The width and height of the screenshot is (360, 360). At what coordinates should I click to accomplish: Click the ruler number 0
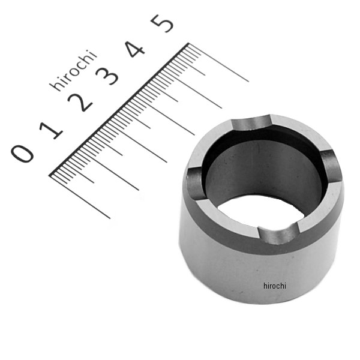(x=22, y=154)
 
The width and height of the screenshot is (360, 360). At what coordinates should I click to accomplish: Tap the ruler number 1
(x=51, y=131)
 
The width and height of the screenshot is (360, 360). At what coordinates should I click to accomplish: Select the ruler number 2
(x=80, y=103)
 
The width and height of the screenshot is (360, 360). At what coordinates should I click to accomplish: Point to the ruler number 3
(x=107, y=76)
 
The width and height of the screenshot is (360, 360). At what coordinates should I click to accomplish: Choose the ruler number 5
(x=162, y=23)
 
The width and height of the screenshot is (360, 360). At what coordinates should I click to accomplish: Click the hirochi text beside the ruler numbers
(x=73, y=70)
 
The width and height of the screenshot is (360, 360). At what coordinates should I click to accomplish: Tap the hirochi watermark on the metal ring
(x=275, y=286)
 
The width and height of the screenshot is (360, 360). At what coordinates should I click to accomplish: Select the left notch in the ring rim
(x=194, y=183)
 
